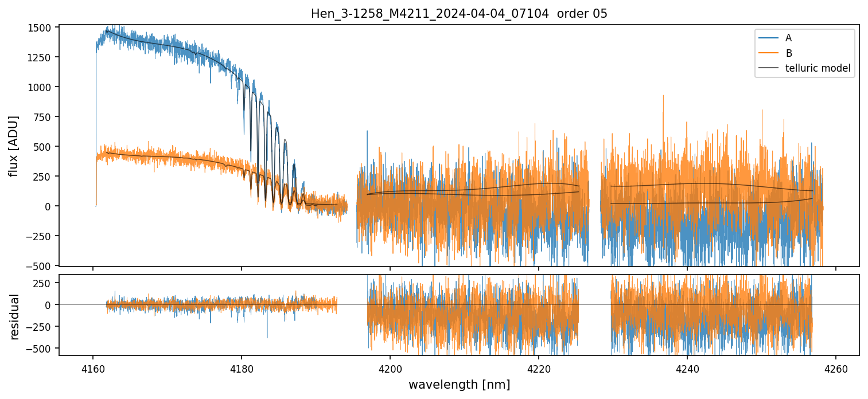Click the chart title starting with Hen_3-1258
459,14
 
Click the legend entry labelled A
788,38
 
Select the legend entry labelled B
789,53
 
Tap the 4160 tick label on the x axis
93,366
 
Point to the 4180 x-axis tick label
242,366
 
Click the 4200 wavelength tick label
390,366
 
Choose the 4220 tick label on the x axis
539,366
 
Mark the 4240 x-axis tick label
687,366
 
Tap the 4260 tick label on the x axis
835,366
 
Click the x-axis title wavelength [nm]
459,385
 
